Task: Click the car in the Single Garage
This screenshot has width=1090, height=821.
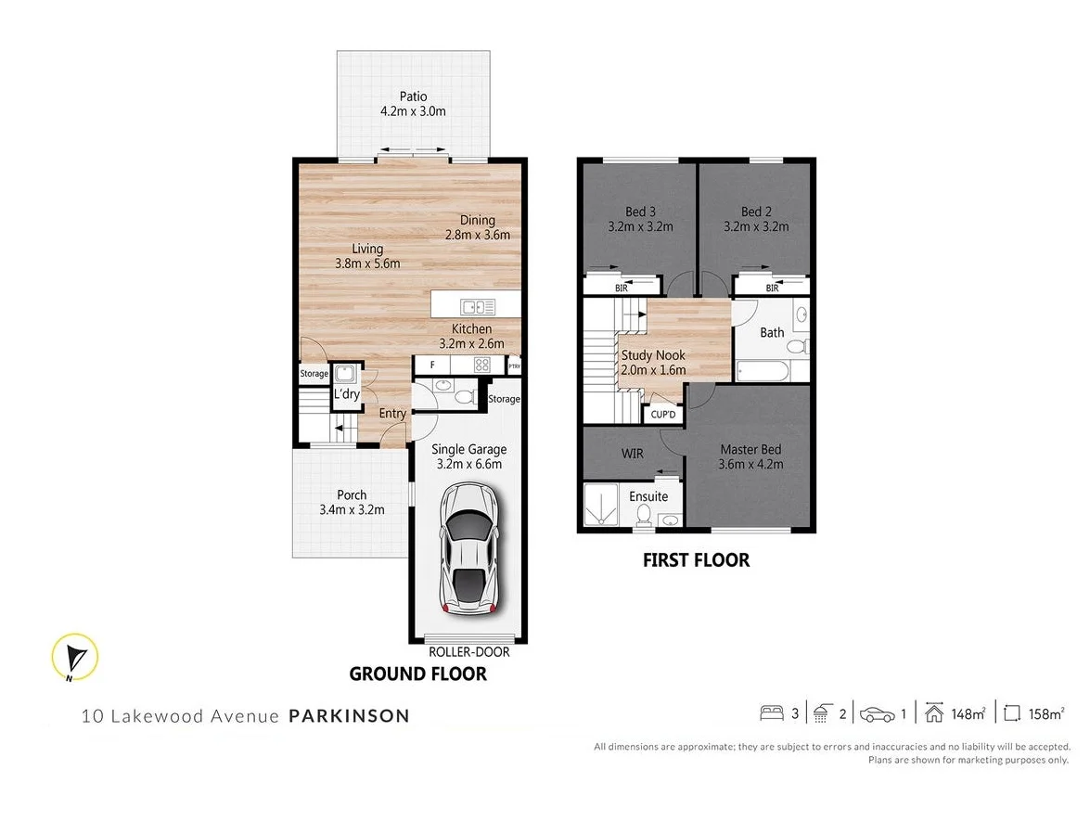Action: [471, 548]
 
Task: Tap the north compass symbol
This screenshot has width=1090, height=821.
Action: [75, 658]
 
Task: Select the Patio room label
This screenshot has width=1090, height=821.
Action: [413, 96]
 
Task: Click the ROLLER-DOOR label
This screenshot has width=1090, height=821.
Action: [468, 651]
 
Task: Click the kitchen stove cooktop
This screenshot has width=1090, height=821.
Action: [482, 365]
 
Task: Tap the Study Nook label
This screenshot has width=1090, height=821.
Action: [653, 354]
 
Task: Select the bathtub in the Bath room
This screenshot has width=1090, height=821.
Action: [763, 373]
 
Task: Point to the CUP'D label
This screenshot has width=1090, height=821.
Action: [663, 415]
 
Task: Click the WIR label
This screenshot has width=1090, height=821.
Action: [632, 455]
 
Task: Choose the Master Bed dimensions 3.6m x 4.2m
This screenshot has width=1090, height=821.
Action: [751, 465]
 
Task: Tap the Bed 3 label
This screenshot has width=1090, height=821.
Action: [640, 212]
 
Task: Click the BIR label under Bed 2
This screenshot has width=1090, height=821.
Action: [772, 289]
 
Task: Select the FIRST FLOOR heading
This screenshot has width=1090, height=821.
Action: [696, 560]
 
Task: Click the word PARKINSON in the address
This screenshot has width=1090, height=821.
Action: [349, 715]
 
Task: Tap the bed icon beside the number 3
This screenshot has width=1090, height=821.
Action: [771, 713]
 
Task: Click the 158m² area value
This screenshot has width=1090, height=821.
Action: [1045, 713]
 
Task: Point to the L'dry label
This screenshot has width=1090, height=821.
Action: [346, 394]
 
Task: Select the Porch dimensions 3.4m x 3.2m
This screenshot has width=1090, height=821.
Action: [352, 509]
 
